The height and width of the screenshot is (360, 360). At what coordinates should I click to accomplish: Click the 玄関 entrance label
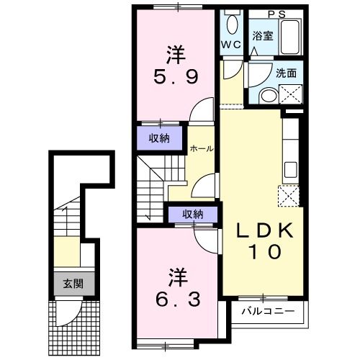[x=72, y=284]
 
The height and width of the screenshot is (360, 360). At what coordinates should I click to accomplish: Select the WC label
[x=230, y=44]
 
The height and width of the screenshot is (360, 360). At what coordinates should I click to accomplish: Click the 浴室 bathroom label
[x=261, y=35]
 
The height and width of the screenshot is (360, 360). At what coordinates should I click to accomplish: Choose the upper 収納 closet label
[x=159, y=139]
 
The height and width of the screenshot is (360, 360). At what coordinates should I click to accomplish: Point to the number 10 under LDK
[x=262, y=253]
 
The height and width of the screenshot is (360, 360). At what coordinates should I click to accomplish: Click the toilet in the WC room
[x=231, y=24]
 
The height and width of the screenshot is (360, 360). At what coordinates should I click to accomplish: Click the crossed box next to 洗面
[x=292, y=94]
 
